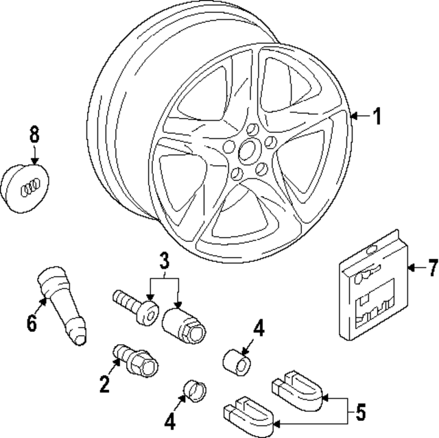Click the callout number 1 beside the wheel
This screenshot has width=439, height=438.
(376, 117)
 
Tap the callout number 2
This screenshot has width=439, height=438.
(104, 383)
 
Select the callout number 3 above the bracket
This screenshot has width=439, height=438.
(164, 261)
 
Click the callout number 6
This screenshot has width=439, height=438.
(31, 322)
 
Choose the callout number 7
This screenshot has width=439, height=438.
(431, 268)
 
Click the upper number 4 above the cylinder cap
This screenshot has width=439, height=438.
(257, 329)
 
